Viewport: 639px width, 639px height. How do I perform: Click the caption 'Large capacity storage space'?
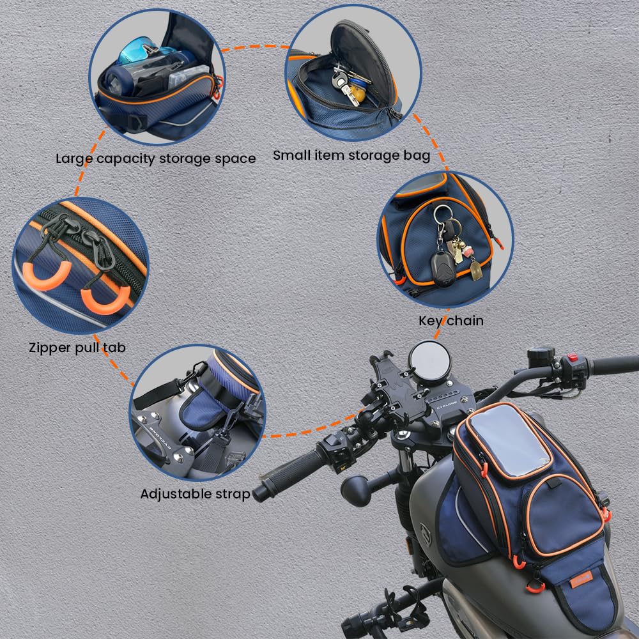(x=155, y=158)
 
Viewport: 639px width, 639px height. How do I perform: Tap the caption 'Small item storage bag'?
(x=351, y=155)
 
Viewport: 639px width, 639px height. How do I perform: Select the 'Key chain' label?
(x=450, y=320)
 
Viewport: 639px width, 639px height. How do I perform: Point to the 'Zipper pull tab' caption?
(x=77, y=348)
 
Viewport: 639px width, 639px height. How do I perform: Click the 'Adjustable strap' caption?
(x=195, y=493)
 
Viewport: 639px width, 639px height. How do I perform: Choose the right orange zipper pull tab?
(x=102, y=300)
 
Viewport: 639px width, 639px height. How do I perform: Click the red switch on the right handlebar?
(x=572, y=358)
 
